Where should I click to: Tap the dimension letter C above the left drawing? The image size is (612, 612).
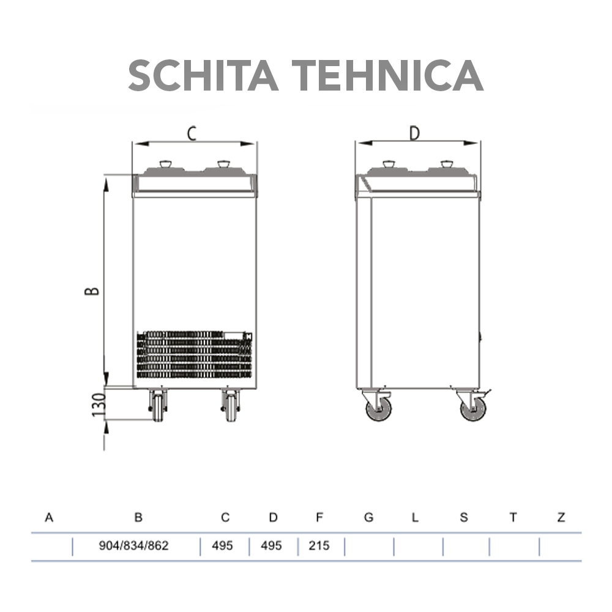(x=192, y=133)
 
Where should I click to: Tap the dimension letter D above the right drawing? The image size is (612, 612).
(x=415, y=133)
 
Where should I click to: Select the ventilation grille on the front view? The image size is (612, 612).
(x=194, y=354)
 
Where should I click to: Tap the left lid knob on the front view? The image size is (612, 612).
(x=166, y=165)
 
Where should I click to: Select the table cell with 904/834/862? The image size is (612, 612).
(x=133, y=545)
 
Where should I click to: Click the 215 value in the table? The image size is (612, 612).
(x=319, y=545)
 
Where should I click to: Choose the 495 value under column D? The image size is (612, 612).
(x=271, y=545)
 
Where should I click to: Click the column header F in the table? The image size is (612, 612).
(x=319, y=518)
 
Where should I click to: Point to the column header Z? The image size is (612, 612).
(x=561, y=518)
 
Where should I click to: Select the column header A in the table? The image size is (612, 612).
(x=49, y=518)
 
